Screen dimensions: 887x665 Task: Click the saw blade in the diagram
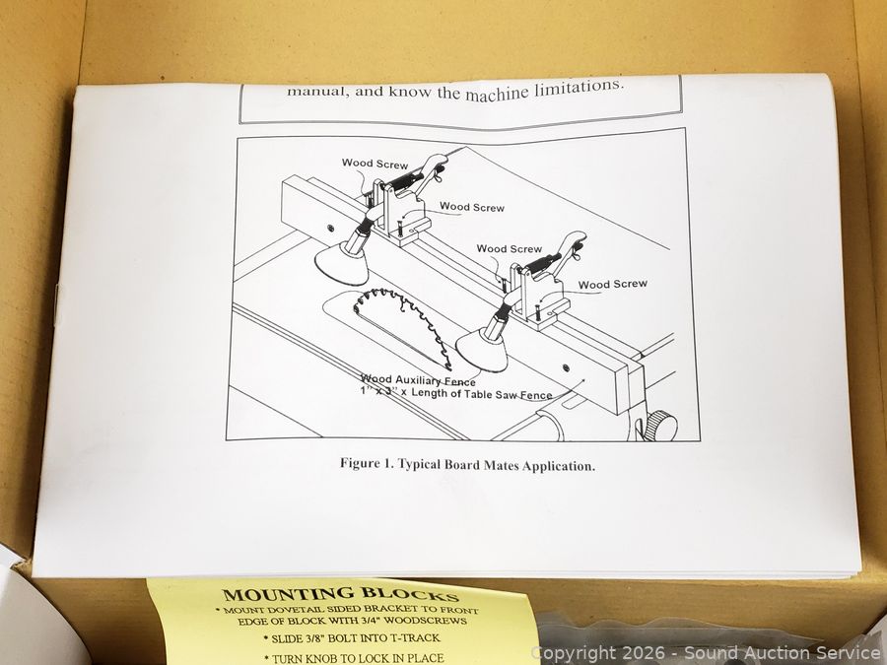click(x=402, y=325)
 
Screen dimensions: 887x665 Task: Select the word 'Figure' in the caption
click(x=360, y=463)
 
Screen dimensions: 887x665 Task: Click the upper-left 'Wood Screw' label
click(x=375, y=164)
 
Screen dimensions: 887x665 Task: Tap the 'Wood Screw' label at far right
click(x=613, y=284)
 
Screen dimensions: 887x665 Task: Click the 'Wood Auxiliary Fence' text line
click(x=418, y=381)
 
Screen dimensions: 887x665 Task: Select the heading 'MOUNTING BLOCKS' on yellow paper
click(x=341, y=594)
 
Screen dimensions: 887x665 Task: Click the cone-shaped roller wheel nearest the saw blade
click(x=482, y=351)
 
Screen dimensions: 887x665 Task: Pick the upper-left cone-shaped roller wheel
click(x=342, y=264)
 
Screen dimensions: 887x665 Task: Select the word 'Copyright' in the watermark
click(x=566, y=654)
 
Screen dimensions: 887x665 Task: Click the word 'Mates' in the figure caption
click(x=500, y=465)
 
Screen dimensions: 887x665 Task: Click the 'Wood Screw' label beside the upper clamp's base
click(x=472, y=208)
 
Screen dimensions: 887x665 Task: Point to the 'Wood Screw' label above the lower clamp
click(x=510, y=249)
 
